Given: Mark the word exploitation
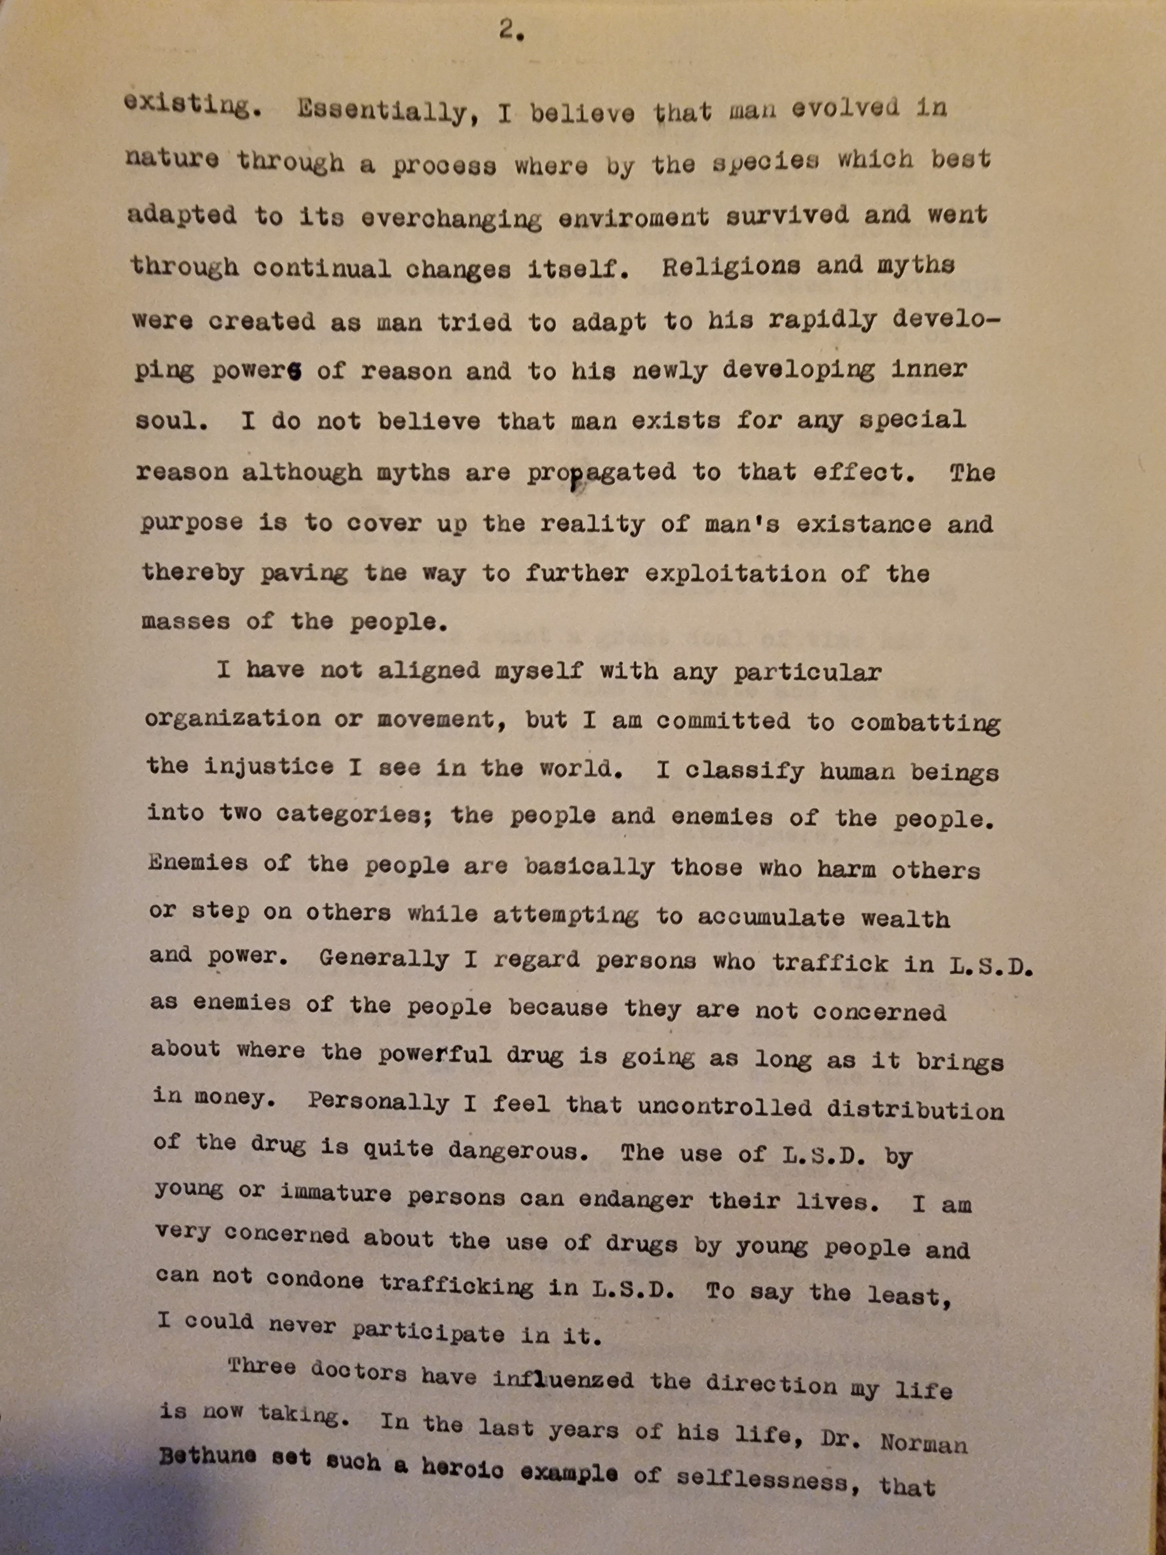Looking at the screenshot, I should pyautogui.click(x=736, y=574).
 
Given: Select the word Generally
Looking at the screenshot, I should pyautogui.click(x=384, y=960).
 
